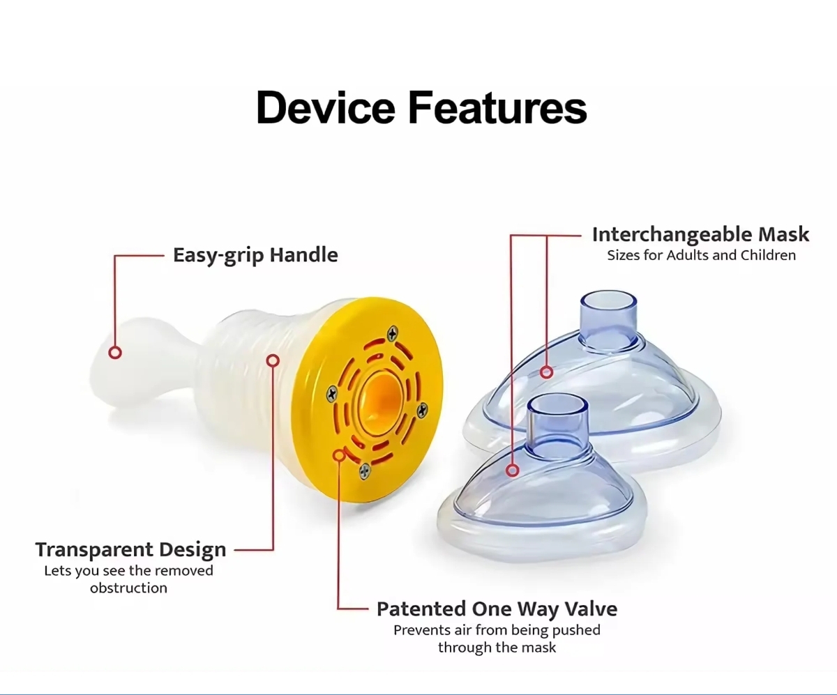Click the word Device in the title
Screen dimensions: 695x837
(x=325, y=108)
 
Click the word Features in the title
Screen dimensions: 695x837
(x=497, y=108)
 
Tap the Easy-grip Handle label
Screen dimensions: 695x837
(x=255, y=255)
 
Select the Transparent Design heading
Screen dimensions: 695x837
(x=130, y=549)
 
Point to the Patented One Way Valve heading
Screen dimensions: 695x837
(x=497, y=609)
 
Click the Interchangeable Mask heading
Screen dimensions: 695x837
(x=700, y=234)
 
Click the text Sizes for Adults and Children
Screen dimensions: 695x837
(x=701, y=255)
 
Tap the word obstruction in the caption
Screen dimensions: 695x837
(x=128, y=588)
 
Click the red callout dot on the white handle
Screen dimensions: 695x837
(x=115, y=353)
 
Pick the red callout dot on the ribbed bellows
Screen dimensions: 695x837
(x=273, y=360)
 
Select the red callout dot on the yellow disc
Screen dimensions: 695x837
(x=339, y=455)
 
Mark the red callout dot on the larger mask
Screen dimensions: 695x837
(x=547, y=372)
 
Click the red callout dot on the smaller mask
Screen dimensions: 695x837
(x=513, y=471)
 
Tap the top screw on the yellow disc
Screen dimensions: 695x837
(x=393, y=335)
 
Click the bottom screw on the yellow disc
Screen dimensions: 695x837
(x=364, y=472)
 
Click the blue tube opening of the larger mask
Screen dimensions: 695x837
(x=608, y=302)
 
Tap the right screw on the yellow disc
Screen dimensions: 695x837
(x=422, y=411)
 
